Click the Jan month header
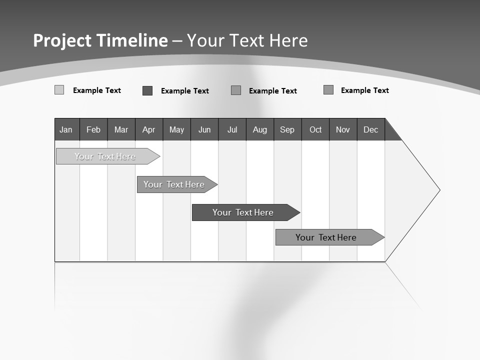tap(66, 130)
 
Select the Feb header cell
tap(93, 130)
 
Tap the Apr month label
tap(148, 130)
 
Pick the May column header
tap(176, 130)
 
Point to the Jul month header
tap(232, 130)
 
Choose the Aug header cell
tap(260, 130)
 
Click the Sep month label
tap(287, 130)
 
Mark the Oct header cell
tap(315, 130)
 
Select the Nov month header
tap(343, 130)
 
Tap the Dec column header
tap(370, 130)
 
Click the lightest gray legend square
tap(59, 90)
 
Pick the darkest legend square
tap(147, 90)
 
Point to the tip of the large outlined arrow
tap(438, 190)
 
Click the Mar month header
tap(121, 130)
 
